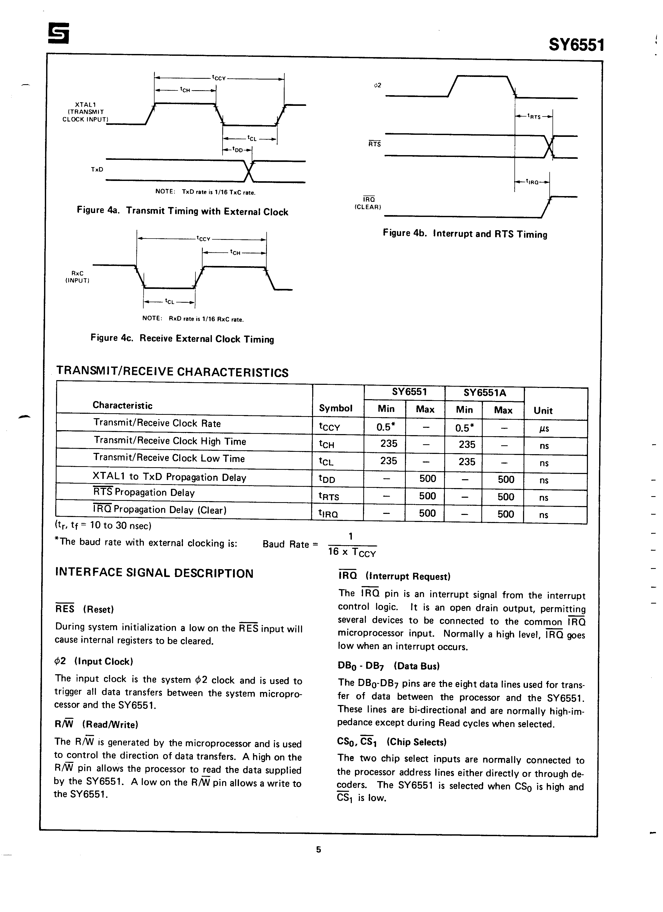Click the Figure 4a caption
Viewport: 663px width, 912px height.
coord(182,211)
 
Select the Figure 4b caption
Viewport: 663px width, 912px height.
coord(465,234)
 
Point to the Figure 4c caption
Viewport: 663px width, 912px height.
coord(182,339)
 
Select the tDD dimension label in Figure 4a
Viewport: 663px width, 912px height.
coord(238,150)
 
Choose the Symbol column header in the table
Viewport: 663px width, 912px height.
coord(336,408)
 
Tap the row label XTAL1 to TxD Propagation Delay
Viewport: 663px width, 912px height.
coord(169,477)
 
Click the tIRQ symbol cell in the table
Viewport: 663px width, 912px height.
coord(328,514)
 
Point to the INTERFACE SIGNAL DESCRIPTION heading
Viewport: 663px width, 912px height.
coord(154,573)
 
